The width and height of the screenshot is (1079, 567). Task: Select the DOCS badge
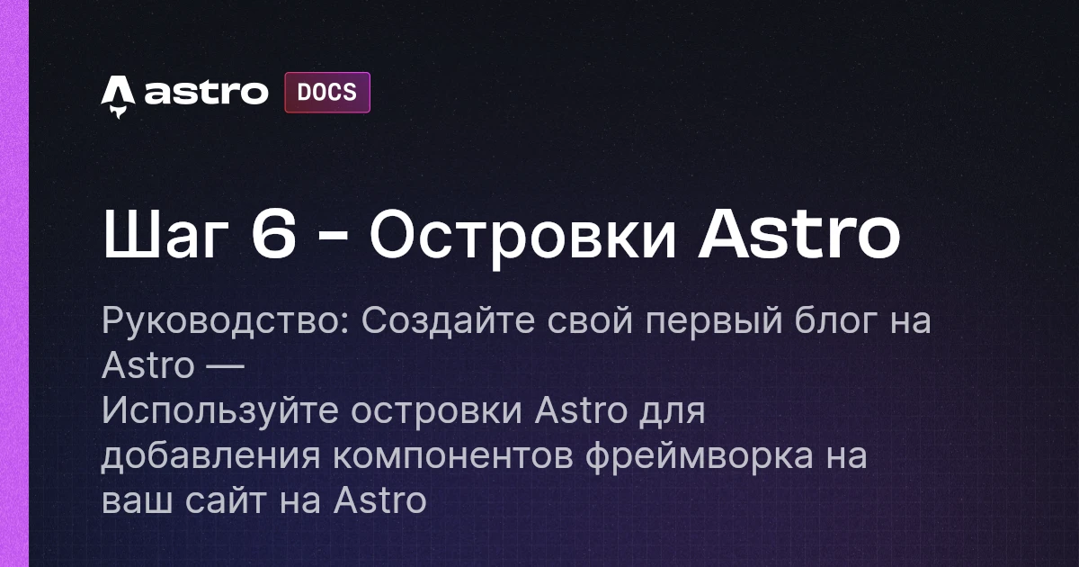coord(327,92)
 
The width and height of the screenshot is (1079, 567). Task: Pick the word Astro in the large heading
coord(799,236)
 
